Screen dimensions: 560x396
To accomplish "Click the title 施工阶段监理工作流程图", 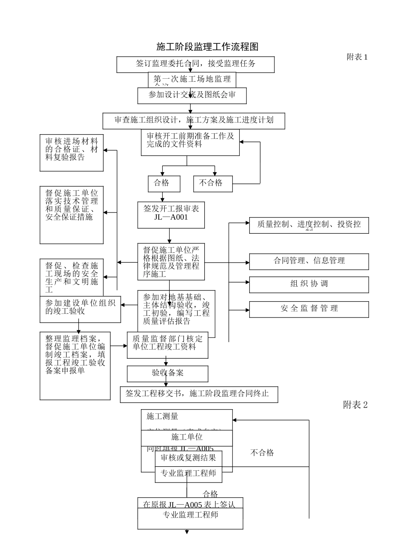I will [207, 47].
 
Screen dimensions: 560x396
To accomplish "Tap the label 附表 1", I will [357, 57].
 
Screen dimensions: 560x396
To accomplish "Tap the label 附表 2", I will [355, 405].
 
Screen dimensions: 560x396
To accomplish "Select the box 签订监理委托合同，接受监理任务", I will [195, 64].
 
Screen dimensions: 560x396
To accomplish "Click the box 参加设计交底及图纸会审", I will [192, 95].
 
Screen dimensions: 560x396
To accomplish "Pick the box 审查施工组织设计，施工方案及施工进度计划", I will [194, 120].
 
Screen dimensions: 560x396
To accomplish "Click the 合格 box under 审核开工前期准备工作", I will [164, 183].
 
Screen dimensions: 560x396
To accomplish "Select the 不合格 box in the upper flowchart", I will [213, 183].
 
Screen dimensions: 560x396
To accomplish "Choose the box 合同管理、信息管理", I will [309, 261].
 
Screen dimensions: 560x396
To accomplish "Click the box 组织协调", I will [309, 284].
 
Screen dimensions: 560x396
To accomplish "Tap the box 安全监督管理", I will [309, 309].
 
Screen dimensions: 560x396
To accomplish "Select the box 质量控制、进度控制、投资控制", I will [309, 225].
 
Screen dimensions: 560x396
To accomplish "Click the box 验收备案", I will [167, 373].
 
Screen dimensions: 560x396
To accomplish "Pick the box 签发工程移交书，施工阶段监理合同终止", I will [199, 394].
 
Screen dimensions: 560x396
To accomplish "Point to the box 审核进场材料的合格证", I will [71, 152].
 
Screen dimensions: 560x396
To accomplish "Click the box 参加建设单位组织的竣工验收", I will [80, 309].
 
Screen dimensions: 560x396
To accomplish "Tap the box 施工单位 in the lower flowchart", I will [187, 437].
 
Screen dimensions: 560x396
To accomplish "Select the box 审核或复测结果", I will [188, 458].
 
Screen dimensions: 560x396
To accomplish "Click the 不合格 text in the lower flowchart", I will [262, 452].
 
